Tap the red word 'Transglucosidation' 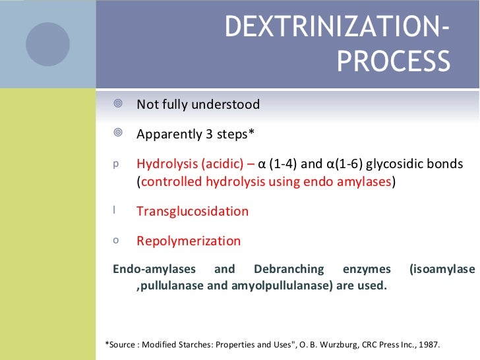(193, 212)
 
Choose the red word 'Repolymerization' (189, 241)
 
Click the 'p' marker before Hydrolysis (116, 164)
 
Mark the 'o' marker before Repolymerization (116, 241)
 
